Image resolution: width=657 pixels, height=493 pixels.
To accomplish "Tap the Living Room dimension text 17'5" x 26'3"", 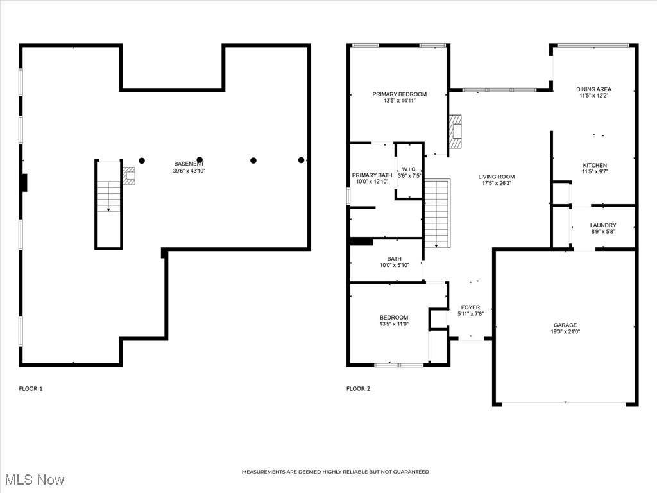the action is [497, 183].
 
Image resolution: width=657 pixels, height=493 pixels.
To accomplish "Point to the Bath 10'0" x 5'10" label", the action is [395, 262].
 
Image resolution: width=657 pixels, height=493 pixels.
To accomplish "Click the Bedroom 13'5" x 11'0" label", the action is [394, 321].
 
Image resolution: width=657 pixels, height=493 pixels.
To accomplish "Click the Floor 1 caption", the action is [31, 388].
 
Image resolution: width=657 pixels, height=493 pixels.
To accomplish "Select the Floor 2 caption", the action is [358, 388].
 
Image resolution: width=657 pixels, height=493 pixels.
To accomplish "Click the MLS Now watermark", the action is [35, 480].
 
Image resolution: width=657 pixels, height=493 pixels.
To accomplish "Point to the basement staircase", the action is [108, 204].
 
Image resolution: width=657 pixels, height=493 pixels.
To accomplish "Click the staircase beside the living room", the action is [437, 213].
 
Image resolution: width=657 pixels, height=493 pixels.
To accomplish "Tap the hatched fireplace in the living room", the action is [456, 131].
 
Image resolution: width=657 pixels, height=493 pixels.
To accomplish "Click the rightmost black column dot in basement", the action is [301, 160].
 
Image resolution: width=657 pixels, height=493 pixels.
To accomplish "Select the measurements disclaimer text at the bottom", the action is [335, 472].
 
